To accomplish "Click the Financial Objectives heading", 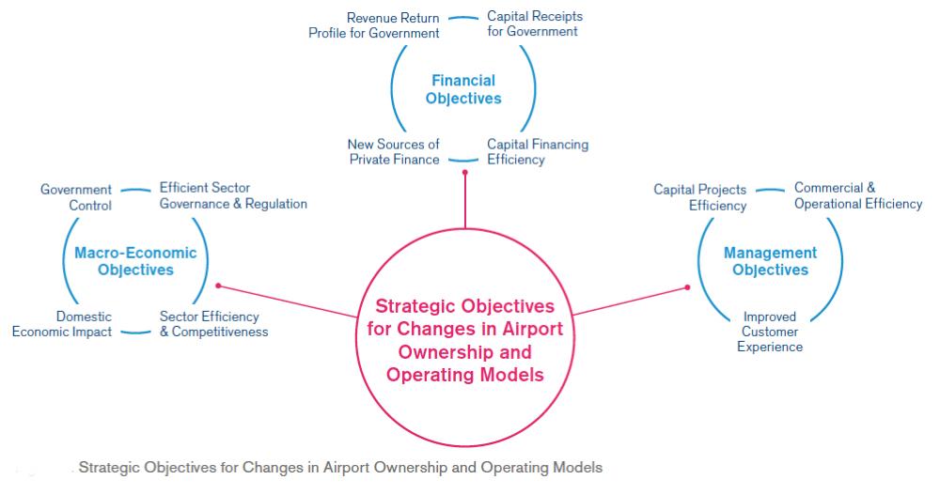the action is [x=463, y=89].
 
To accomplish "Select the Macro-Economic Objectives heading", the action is [x=135, y=261].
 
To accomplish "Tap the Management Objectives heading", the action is [x=771, y=261].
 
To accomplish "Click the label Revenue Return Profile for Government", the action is [x=374, y=25].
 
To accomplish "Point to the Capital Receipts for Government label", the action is [x=535, y=24].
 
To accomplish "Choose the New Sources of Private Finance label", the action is [x=394, y=151].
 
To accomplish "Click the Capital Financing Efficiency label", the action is [x=538, y=151].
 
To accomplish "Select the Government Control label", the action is [x=76, y=197].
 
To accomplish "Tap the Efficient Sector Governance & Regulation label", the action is [x=233, y=196].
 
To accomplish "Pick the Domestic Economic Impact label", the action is [x=62, y=324].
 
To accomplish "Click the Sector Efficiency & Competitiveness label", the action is [x=213, y=324].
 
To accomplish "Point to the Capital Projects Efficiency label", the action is [x=700, y=197].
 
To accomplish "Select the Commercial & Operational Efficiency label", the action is [x=858, y=196].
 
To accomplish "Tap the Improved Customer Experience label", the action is [x=770, y=332].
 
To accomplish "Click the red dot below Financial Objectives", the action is [x=465, y=173].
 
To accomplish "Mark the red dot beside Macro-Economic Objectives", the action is [x=218, y=286].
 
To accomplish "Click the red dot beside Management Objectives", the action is [x=688, y=287].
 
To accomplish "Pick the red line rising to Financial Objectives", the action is [x=465, y=201].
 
